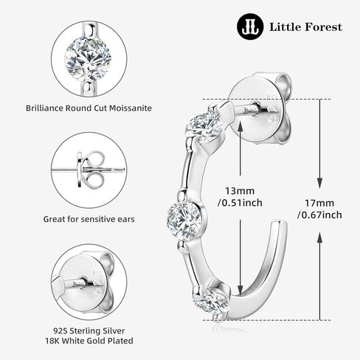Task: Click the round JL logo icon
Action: [x=250, y=27]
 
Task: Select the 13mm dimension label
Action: [x=240, y=191]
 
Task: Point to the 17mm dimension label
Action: [x=319, y=203]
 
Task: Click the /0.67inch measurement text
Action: [x=319, y=215]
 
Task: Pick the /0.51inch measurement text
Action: [x=240, y=203]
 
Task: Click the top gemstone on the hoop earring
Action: [x=204, y=127]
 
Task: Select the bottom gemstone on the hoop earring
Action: [x=212, y=302]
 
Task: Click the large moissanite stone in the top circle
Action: [x=88, y=59]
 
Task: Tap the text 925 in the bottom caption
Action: [x=60, y=330]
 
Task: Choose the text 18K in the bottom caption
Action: [x=52, y=341]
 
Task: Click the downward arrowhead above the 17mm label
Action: [x=319, y=182]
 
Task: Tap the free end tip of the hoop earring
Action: [x=279, y=224]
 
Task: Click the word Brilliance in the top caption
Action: [x=44, y=108]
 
